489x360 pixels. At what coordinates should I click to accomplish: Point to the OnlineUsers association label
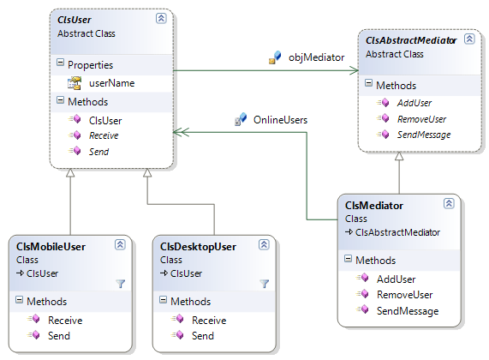pos(280,121)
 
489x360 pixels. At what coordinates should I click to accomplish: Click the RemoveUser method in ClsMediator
pos(404,295)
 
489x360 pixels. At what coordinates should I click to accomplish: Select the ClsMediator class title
pos(374,206)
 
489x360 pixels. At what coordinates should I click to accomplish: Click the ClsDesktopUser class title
pos(198,247)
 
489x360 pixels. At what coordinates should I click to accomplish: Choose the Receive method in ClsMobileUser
pos(65,321)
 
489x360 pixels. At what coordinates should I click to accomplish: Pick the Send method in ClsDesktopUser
pos(203,336)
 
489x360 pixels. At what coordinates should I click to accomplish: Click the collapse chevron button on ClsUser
pos(161,18)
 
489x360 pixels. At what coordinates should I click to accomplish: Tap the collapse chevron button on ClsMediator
pos(448,204)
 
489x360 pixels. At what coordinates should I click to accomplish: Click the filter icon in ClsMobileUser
pos(120,283)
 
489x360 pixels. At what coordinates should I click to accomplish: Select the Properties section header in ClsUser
pos(91,64)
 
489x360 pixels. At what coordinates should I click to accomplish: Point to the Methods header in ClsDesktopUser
pos(190,302)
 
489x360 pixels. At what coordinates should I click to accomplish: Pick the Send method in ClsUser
pos(98,151)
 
